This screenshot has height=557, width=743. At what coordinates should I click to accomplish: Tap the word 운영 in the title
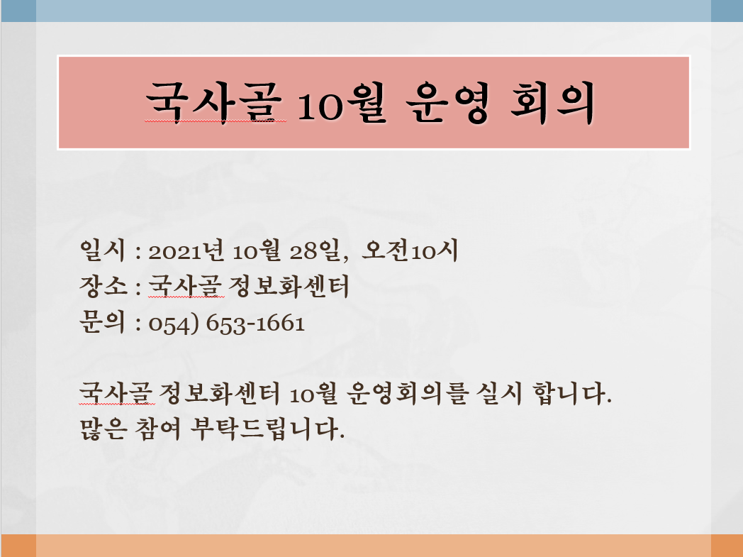tap(447, 102)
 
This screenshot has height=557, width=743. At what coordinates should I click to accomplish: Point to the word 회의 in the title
tap(552, 102)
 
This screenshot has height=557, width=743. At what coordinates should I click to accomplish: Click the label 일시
tap(102, 250)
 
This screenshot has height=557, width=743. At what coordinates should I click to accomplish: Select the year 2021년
tap(186, 250)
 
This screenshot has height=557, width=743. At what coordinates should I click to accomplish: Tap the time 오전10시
tap(410, 250)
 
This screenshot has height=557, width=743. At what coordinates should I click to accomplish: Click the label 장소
tap(103, 287)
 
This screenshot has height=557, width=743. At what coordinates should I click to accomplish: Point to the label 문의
tap(102, 322)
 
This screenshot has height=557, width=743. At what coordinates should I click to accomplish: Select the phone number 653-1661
tap(255, 324)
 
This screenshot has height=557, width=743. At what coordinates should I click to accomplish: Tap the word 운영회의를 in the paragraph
tap(408, 394)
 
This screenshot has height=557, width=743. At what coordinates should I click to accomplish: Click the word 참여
tap(158, 429)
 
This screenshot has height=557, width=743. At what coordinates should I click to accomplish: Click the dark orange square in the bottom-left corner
tap(18, 546)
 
